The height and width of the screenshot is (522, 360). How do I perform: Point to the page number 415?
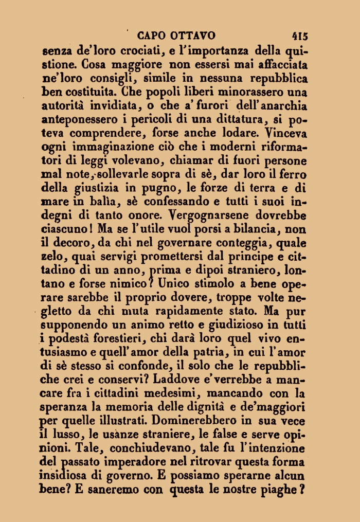click(x=299, y=36)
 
